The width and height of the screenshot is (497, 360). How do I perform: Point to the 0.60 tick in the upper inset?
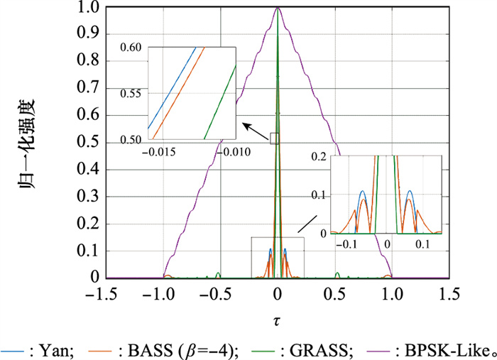[x=132, y=48]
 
